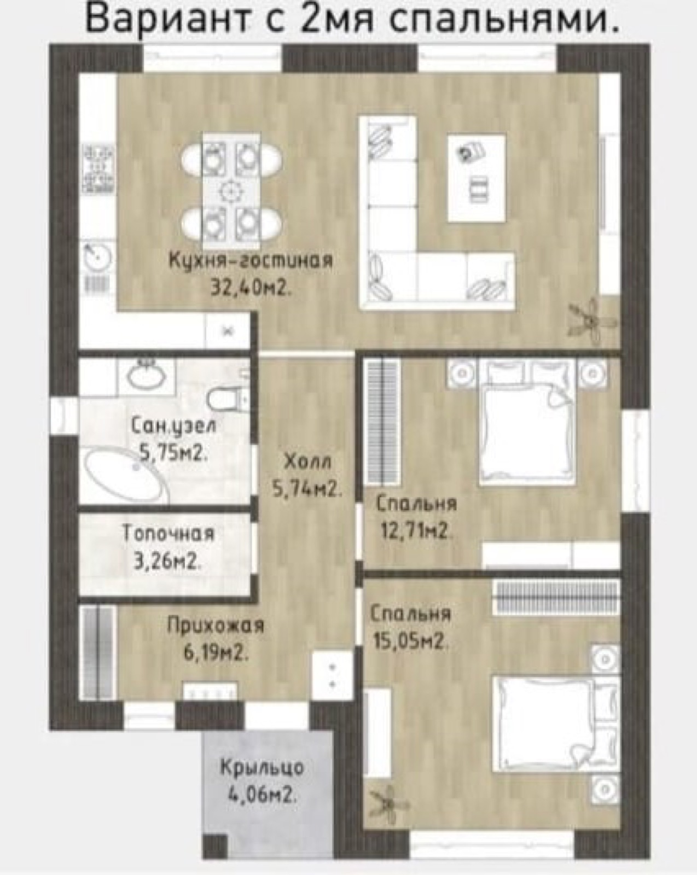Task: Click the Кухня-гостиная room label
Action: pyautogui.click(x=251, y=260)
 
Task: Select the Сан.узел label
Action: pyautogui.click(x=173, y=427)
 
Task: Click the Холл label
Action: pyautogui.click(x=308, y=462)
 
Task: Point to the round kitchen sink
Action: pyautogui.click(x=97, y=255)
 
